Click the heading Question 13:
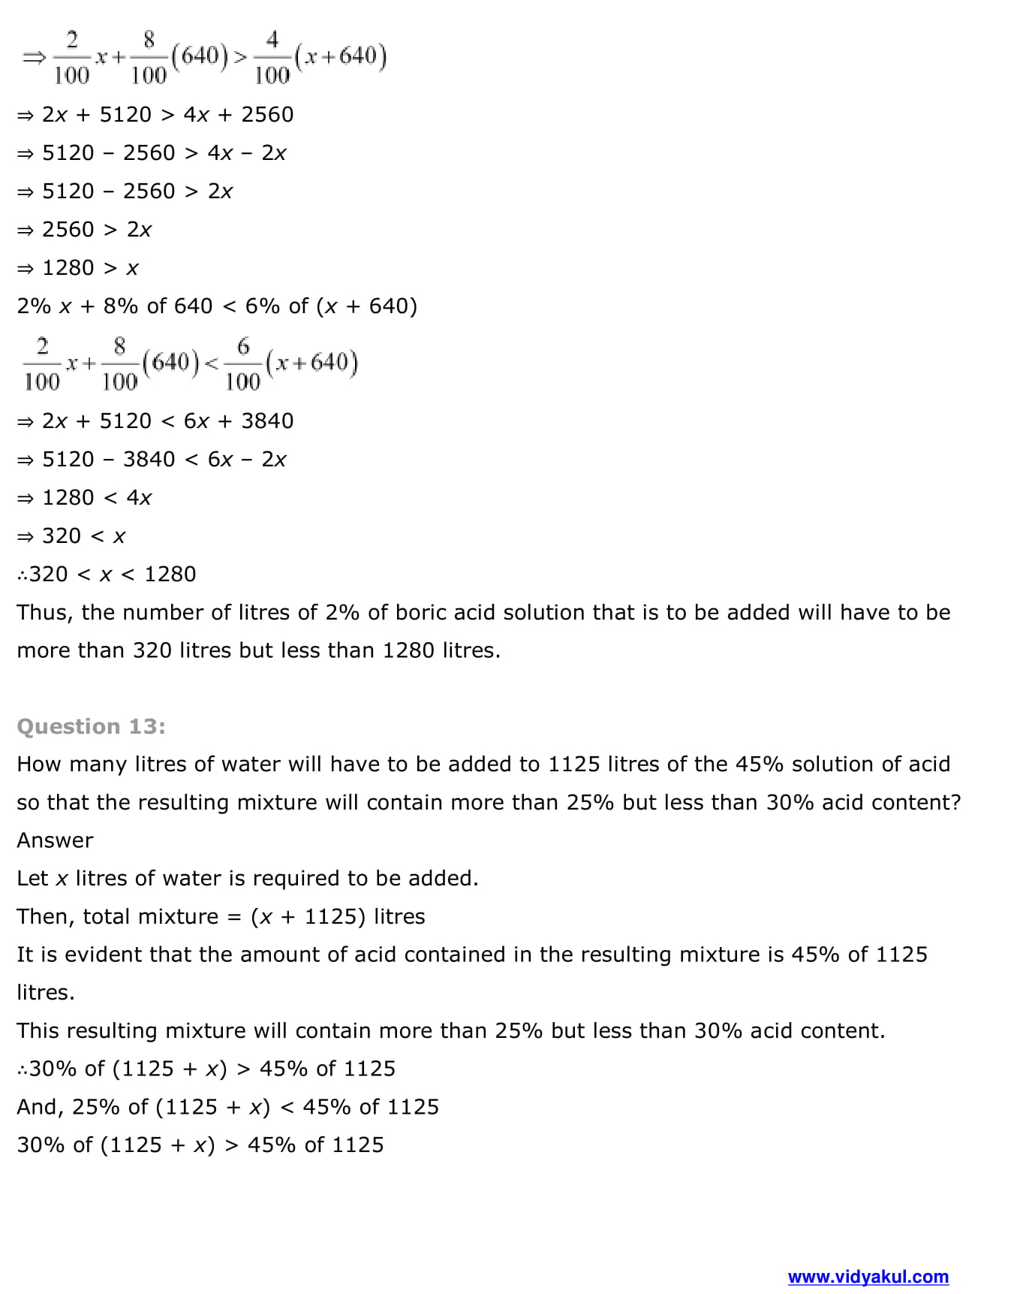coord(91,726)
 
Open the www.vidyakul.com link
coord(868,1277)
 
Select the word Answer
coord(55,840)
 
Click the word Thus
coord(44,613)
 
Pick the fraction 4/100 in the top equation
coord(272,57)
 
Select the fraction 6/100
coord(242,364)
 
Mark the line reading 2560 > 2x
coord(96,230)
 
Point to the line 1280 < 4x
coord(96,498)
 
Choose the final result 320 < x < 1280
coord(112,575)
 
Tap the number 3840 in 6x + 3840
coord(267,421)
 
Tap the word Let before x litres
coord(32,879)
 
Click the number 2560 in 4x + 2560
coord(267,115)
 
